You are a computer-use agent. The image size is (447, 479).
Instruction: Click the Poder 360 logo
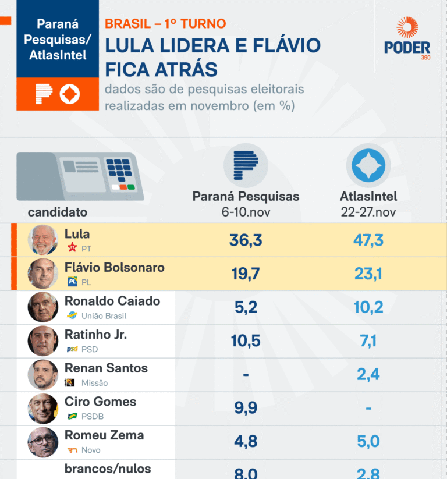click(x=407, y=39)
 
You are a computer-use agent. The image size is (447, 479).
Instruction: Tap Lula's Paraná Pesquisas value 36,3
click(x=246, y=240)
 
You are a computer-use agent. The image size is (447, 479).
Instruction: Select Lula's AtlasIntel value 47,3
click(x=368, y=240)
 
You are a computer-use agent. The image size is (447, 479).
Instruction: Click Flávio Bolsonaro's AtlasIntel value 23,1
click(x=368, y=274)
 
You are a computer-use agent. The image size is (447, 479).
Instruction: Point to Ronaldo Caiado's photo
click(x=43, y=307)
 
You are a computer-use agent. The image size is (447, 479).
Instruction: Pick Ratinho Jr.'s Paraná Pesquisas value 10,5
click(x=246, y=341)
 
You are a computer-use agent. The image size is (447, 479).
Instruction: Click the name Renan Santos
click(x=106, y=368)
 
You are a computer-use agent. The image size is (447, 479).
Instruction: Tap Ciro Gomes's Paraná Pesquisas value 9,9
click(x=246, y=408)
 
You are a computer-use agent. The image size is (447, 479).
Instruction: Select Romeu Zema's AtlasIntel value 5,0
click(x=368, y=442)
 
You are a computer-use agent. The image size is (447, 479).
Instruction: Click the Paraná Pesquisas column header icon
click(x=246, y=165)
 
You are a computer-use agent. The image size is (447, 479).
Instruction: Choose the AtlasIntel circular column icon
click(x=368, y=165)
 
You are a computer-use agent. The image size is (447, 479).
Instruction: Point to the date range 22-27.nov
click(x=368, y=212)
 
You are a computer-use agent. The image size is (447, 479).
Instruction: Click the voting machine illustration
click(x=80, y=176)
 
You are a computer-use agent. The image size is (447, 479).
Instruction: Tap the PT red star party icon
click(x=72, y=248)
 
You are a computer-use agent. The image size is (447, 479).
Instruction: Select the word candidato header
click(x=58, y=212)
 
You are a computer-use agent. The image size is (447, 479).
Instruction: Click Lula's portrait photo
click(x=43, y=240)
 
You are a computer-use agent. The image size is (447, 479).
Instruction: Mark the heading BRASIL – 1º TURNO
click(x=165, y=24)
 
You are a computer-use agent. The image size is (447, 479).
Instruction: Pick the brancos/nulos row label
click(x=108, y=469)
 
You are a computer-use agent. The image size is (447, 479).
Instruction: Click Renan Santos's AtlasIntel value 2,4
click(x=368, y=375)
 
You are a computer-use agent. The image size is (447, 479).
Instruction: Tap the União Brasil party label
click(x=104, y=316)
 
